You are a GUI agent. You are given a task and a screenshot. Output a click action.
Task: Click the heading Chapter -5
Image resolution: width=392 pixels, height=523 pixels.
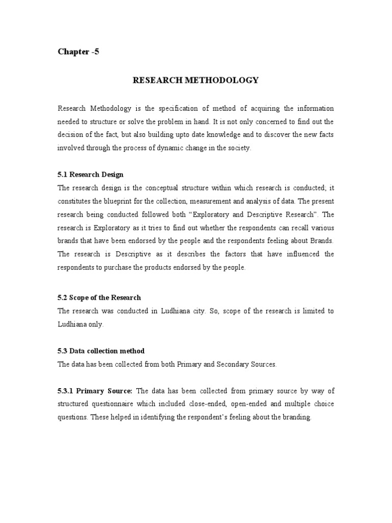[x=78, y=52]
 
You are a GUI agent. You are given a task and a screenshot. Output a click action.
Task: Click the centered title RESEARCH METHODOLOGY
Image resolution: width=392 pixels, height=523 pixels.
[x=196, y=80]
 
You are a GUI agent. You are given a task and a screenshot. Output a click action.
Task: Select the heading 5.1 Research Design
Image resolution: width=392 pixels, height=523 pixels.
[x=90, y=174]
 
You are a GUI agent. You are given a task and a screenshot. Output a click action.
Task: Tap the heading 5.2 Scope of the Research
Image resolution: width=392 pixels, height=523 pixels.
[x=99, y=297]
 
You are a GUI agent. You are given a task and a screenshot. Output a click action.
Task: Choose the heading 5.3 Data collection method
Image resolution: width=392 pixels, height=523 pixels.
[x=101, y=351]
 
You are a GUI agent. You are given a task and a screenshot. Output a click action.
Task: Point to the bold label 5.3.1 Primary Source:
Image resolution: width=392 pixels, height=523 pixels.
[x=95, y=391]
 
